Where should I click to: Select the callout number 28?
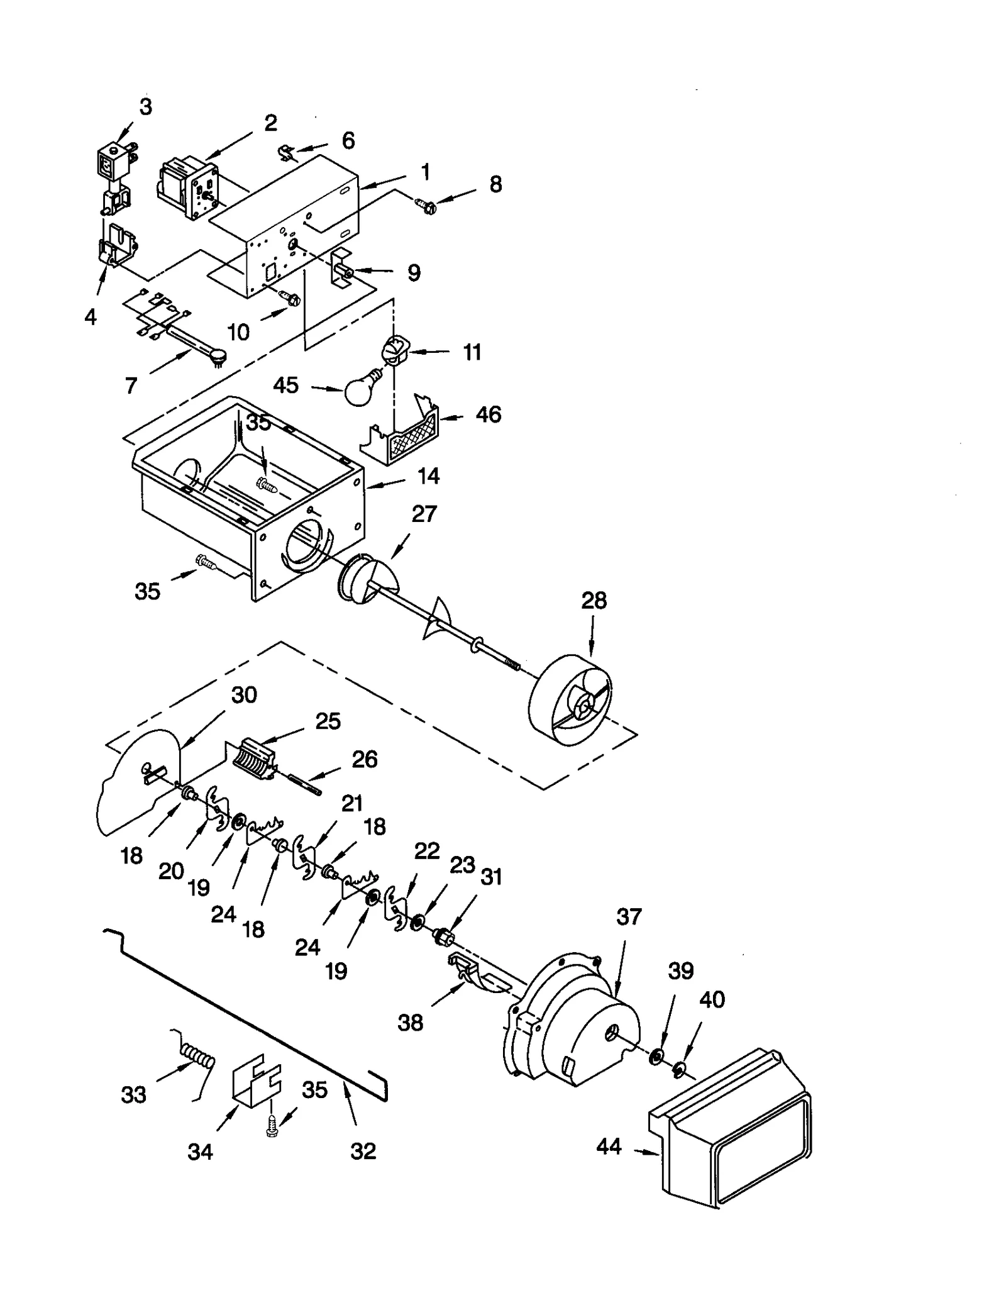coord(594,601)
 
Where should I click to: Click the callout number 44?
coord(609,1147)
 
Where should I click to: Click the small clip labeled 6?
coord(287,153)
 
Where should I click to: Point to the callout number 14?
coord(428,476)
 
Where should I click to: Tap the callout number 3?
coord(145,107)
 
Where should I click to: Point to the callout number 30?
coord(244,695)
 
